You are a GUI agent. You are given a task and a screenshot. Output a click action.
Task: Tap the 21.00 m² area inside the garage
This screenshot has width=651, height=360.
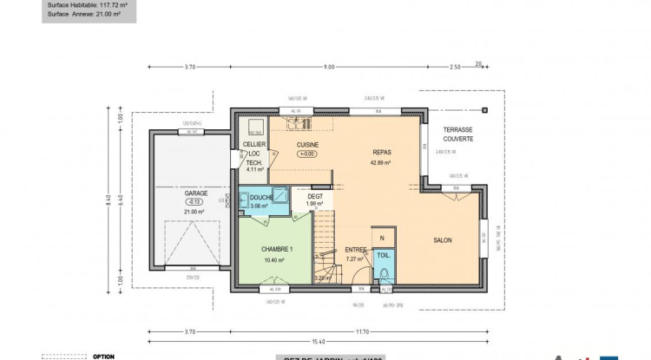194,211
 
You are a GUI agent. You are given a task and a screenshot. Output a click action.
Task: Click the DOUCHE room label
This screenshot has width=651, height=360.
261,198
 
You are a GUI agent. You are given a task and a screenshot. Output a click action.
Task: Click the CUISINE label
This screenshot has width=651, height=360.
308,144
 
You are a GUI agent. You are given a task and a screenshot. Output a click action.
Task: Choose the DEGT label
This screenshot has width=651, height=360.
315,196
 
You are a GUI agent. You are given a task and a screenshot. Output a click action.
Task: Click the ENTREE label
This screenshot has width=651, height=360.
356,249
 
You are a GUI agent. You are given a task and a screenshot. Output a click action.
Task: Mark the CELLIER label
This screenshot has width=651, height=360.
254,144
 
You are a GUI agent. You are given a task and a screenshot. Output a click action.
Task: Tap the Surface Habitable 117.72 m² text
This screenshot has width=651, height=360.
87,3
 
